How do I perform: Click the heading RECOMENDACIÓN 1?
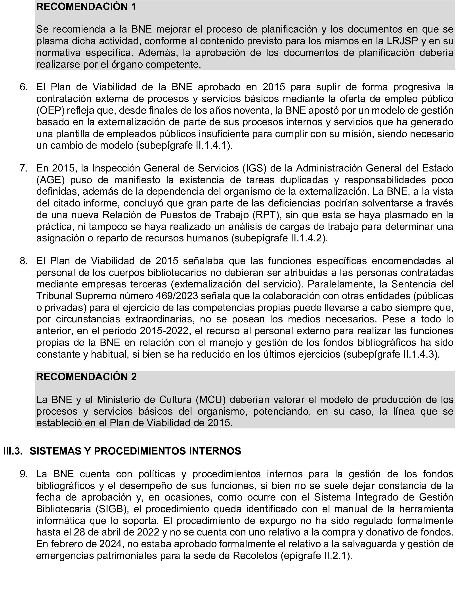(x=86, y=7)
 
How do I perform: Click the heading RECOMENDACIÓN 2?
(x=86, y=377)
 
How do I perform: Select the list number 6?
(x=24, y=87)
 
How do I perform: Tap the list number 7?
(x=24, y=168)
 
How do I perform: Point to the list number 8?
(x=24, y=261)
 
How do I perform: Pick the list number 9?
(x=24, y=474)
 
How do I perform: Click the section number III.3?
(x=13, y=451)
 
